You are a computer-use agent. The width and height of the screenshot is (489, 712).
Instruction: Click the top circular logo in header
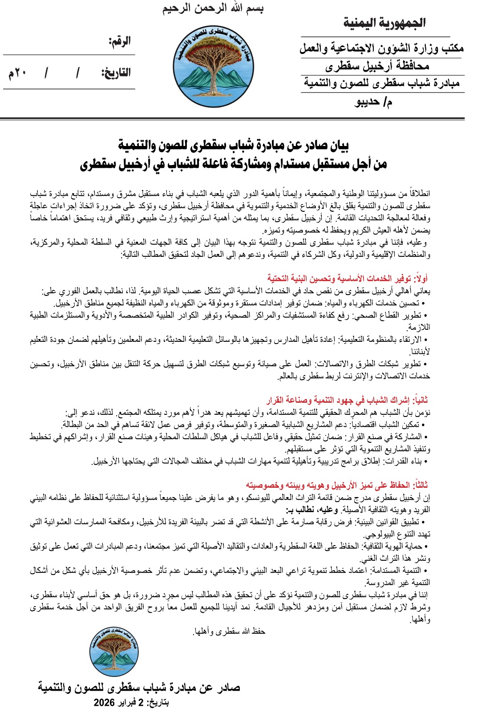[x=214, y=66]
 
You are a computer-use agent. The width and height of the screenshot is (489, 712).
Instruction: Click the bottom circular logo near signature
[x=114, y=652]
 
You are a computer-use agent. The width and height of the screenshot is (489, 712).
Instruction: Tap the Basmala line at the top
[x=213, y=8]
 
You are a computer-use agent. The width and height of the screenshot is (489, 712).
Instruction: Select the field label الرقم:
[x=120, y=42]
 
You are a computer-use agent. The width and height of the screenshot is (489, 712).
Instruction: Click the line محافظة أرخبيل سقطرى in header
[x=377, y=66]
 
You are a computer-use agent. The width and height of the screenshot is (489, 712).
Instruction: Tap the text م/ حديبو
[x=374, y=102]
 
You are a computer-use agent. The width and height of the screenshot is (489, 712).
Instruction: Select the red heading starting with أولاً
[x=348, y=279]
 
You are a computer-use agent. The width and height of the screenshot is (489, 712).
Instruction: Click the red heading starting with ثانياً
[x=347, y=400]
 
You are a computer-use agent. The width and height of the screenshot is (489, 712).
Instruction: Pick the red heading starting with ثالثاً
[x=337, y=485]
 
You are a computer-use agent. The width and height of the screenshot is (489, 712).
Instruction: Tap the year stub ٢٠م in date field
[x=17, y=73]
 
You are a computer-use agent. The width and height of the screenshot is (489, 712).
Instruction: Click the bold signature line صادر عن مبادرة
[x=139, y=688]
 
